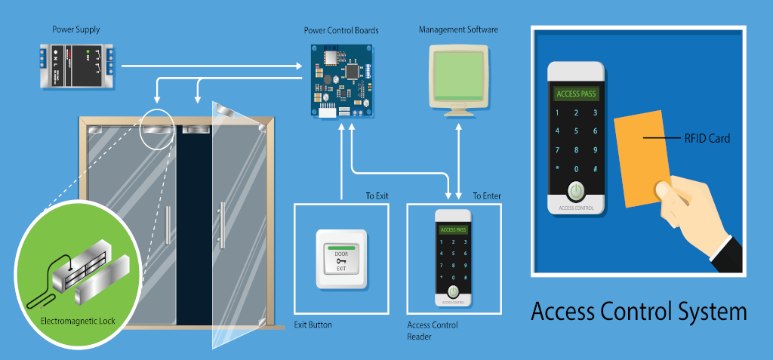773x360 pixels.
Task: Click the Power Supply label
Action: pyautogui.click(x=75, y=30)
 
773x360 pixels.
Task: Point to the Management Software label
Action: pyautogui.click(x=458, y=30)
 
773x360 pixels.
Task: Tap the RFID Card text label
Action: pyautogui.click(x=707, y=139)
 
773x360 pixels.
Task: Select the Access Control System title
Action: pyautogui.click(x=639, y=312)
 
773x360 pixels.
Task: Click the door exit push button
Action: pyautogui.click(x=341, y=259)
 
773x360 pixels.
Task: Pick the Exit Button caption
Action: pyautogui.click(x=313, y=325)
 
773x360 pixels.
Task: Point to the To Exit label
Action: pyautogui.click(x=377, y=196)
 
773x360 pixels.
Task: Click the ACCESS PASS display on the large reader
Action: pyautogui.click(x=576, y=94)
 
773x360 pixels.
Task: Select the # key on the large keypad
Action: pyautogui.click(x=596, y=168)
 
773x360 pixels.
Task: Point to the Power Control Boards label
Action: pyautogui.click(x=341, y=31)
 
